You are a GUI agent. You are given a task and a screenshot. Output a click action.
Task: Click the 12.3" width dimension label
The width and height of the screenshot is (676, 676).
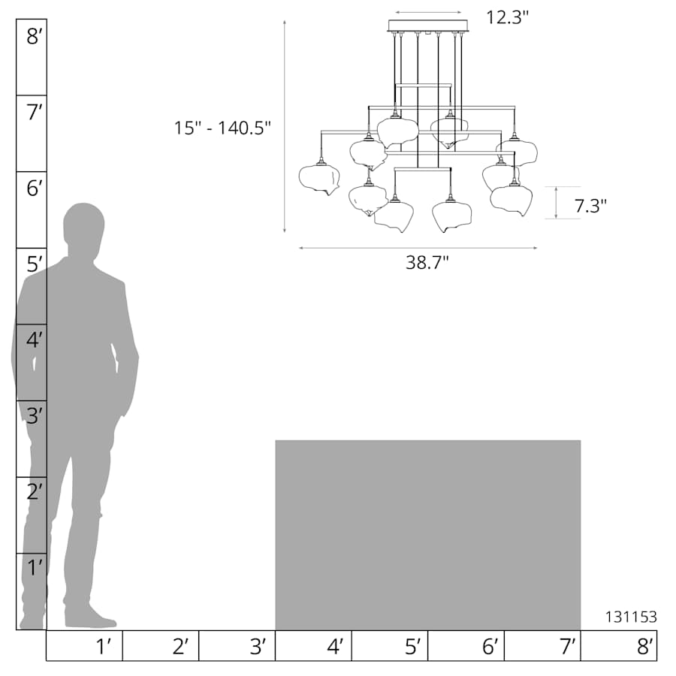tap(508, 18)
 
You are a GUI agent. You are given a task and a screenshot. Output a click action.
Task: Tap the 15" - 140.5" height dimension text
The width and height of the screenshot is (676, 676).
tap(222, 128)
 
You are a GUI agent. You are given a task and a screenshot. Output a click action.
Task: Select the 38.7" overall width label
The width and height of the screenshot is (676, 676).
tap(427, 263)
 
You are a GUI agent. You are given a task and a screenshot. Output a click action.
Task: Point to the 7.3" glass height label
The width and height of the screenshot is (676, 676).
tap(590, 206)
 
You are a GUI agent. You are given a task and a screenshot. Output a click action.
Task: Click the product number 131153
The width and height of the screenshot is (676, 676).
tap(632, 617)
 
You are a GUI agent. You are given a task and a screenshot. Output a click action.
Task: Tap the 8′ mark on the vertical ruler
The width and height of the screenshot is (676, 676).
tap(35, 36)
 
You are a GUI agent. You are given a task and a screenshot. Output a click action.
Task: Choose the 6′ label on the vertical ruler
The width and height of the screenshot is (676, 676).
tap(35, 189)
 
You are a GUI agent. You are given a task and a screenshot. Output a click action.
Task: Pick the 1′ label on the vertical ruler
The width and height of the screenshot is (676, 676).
tap(35, 568)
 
